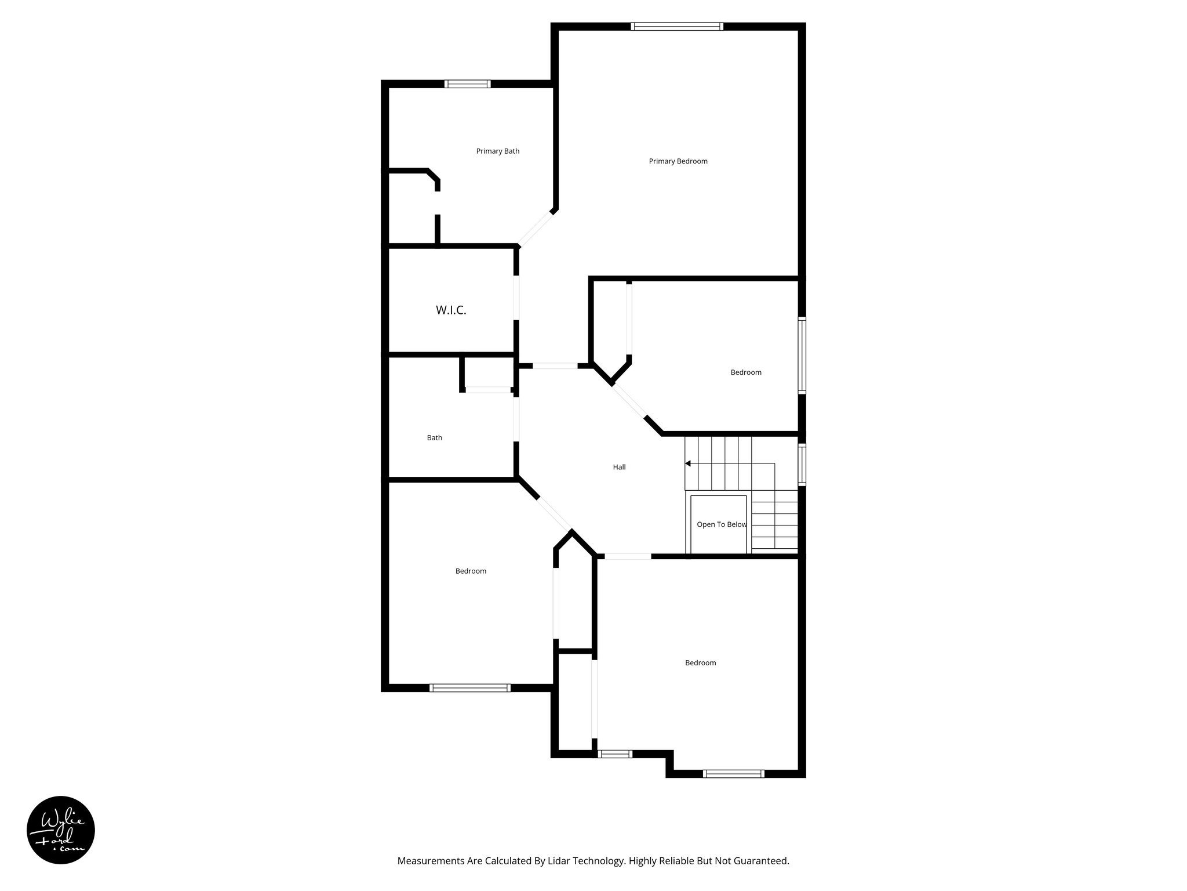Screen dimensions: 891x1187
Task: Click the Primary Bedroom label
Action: click(678, 161)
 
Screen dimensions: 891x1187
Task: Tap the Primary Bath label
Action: click(497, 151)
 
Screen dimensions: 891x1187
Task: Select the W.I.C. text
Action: click(451, 310)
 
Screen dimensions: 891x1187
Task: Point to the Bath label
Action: click(435, 438)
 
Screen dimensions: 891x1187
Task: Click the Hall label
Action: click(619, 467)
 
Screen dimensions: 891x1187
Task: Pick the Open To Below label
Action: click(722, 524)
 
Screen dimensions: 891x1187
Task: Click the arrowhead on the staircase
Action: click(688, 463)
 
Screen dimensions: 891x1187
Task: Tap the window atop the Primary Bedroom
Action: click(677, 26)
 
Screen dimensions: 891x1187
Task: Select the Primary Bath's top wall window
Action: click(467, 84)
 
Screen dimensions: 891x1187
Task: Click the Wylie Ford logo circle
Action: click(61, 830)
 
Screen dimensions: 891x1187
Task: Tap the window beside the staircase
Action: click(802, 464)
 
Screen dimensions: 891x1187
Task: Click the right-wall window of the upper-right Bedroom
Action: click(802, 355)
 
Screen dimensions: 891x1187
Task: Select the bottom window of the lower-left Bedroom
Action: click(469, 688)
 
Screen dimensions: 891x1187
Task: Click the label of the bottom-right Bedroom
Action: click(700, 663)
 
